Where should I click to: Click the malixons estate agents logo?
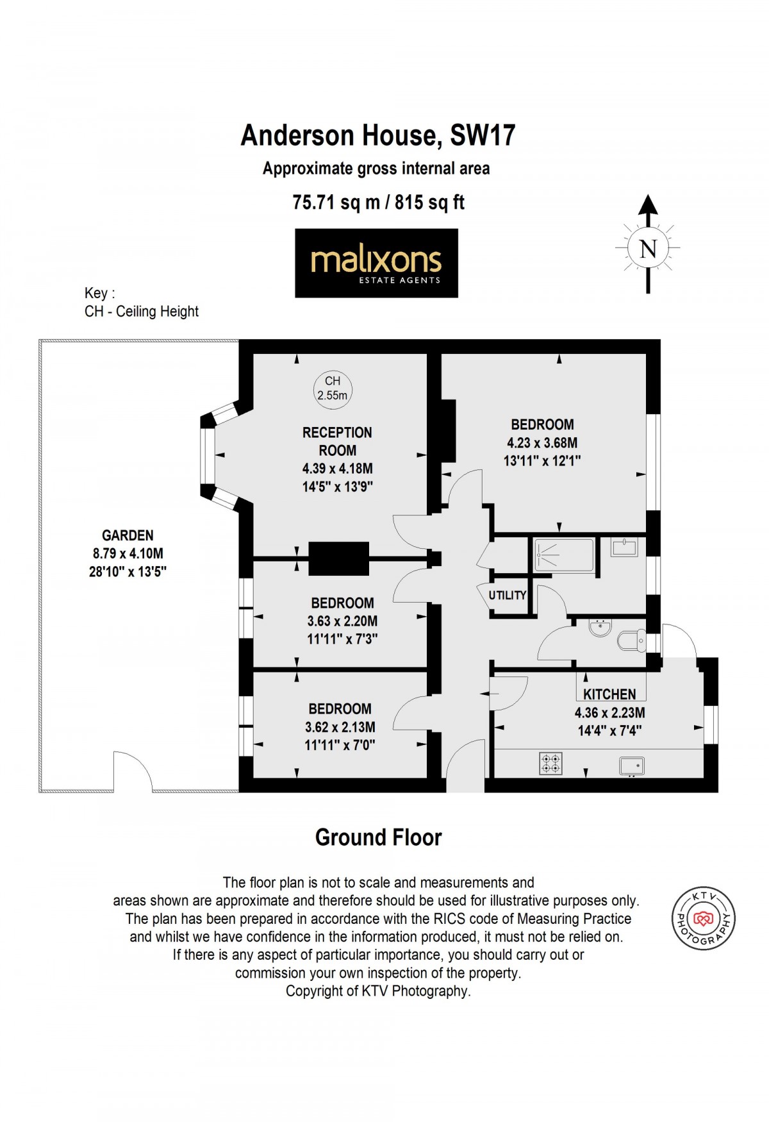pos(376,263)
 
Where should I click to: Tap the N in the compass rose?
pos(648,248)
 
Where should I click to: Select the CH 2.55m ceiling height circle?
pos(333,389)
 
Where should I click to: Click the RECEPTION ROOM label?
pos(337,441)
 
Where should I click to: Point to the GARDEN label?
pos(128,535)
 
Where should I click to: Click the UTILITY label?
pos(507,596)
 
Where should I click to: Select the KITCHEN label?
pos(609,694)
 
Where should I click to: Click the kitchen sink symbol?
pos(632,766)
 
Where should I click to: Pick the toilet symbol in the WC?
pos(632,641)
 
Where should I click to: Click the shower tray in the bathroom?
pos(564,555)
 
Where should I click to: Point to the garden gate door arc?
pos(133,772)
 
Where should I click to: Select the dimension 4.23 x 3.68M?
pos(542,443)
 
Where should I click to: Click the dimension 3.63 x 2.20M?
pos(342,621)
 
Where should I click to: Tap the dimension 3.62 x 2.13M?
pos(340,728)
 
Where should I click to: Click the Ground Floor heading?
pos(378,837)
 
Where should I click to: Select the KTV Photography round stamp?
pos(703,919)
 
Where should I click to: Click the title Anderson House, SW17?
pos(378,135)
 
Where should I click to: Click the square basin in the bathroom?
pos(624,548)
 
